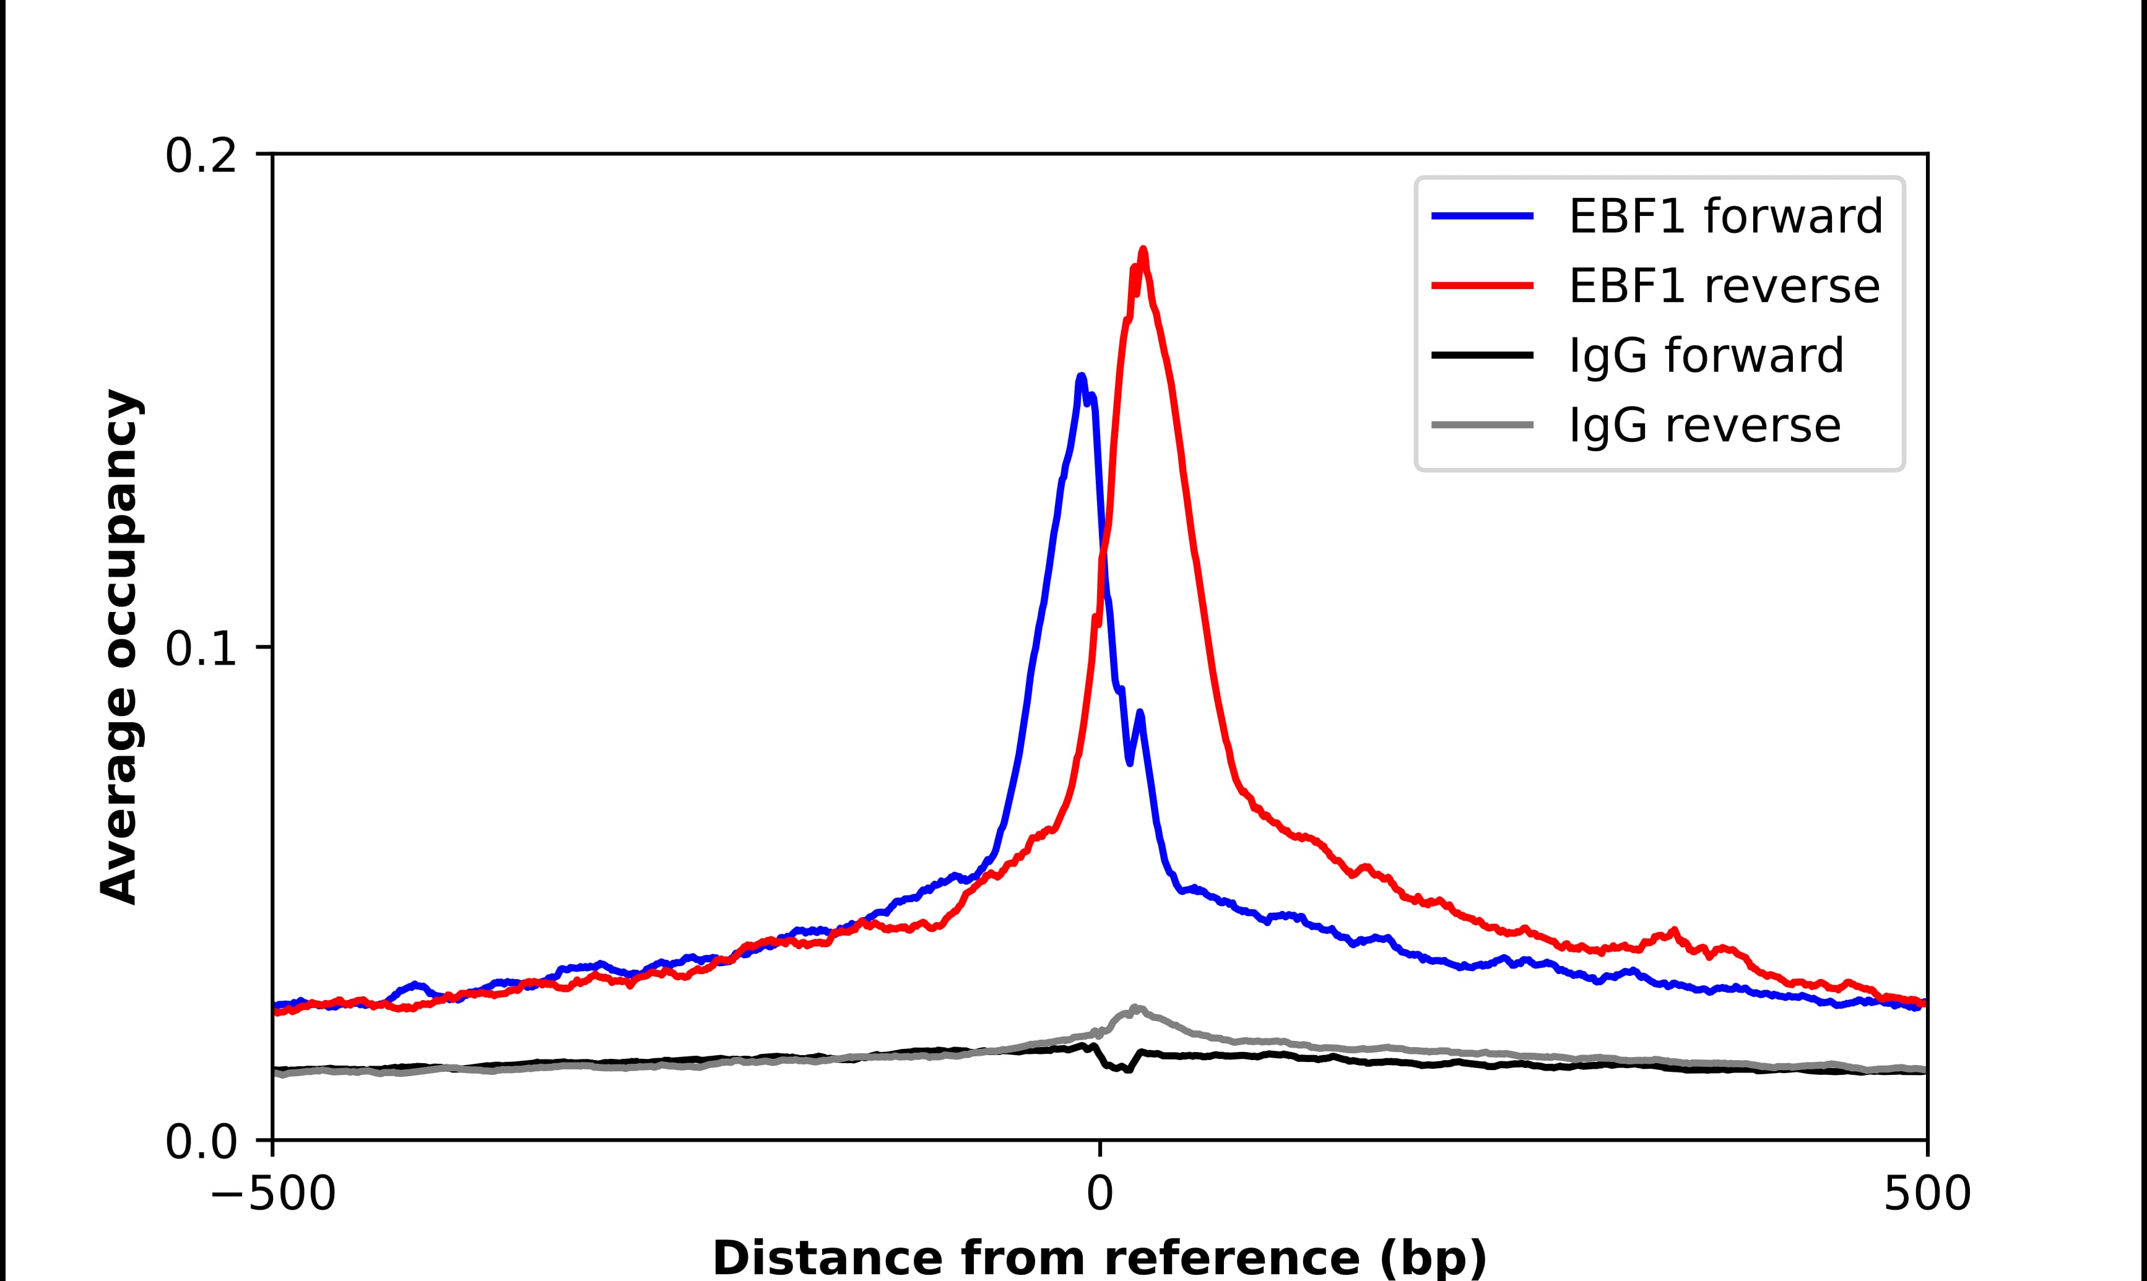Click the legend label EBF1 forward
[1725, 216]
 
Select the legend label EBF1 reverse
[1723, 286]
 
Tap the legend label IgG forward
[1706, 356]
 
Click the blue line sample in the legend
[1482, 216]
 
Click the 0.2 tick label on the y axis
[201, 156]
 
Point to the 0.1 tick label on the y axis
[201, 649]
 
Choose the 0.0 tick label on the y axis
[201, 1142]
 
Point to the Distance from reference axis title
[1099, 1259]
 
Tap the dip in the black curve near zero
[1121, 1069]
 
